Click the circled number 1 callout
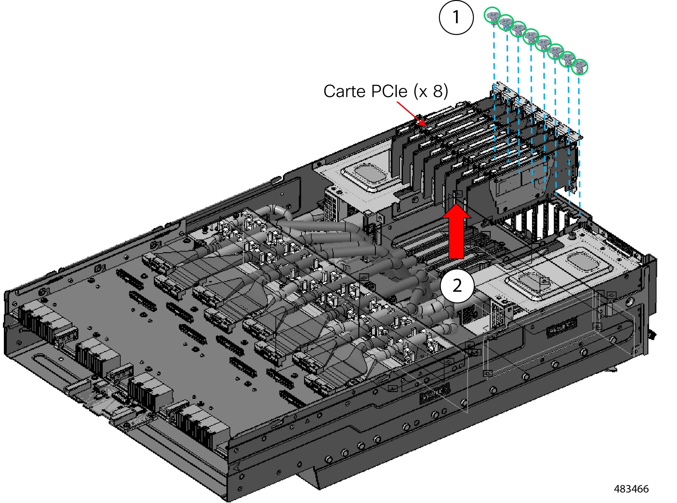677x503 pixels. point(456,17)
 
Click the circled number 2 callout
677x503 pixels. point(457,286)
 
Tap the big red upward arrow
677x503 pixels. point(456,231)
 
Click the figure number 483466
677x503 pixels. point(631,489)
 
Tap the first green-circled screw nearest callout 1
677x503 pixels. point(492,15)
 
